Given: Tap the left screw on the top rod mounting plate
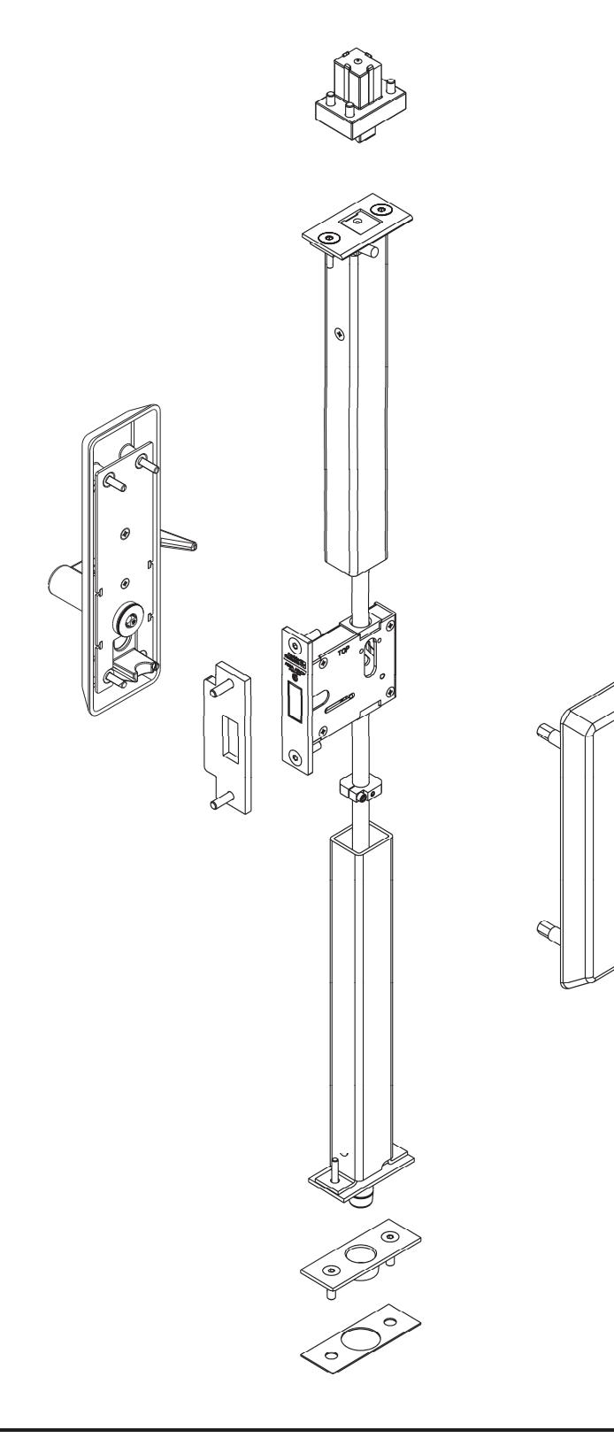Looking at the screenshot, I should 326,236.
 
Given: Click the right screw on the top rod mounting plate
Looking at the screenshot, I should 383,209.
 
